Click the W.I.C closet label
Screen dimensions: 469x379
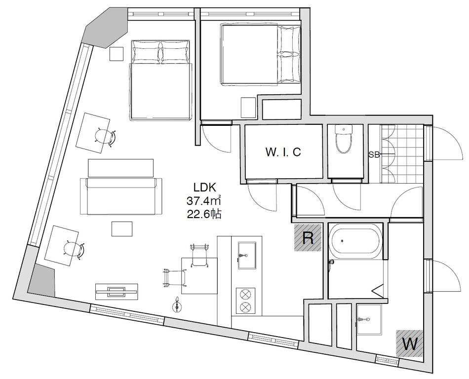[283, 152]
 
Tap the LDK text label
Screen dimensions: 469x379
[204, 188]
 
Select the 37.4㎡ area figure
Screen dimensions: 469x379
[204, 200]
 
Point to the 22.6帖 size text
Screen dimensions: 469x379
[204, 214]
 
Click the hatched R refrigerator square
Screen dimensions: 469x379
[308, 237]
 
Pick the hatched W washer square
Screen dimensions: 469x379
[409, 343]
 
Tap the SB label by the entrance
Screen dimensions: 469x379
[374, 154]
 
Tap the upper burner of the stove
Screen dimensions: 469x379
[245, 294]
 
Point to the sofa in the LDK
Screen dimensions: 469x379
[121, 196]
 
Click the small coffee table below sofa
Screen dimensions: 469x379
[122, 228]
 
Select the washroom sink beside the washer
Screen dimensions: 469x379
[369, 319]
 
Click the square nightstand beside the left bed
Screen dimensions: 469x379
[117, 54]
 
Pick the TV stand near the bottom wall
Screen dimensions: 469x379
[117, 292]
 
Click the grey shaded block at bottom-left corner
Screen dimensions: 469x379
[42, 281]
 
